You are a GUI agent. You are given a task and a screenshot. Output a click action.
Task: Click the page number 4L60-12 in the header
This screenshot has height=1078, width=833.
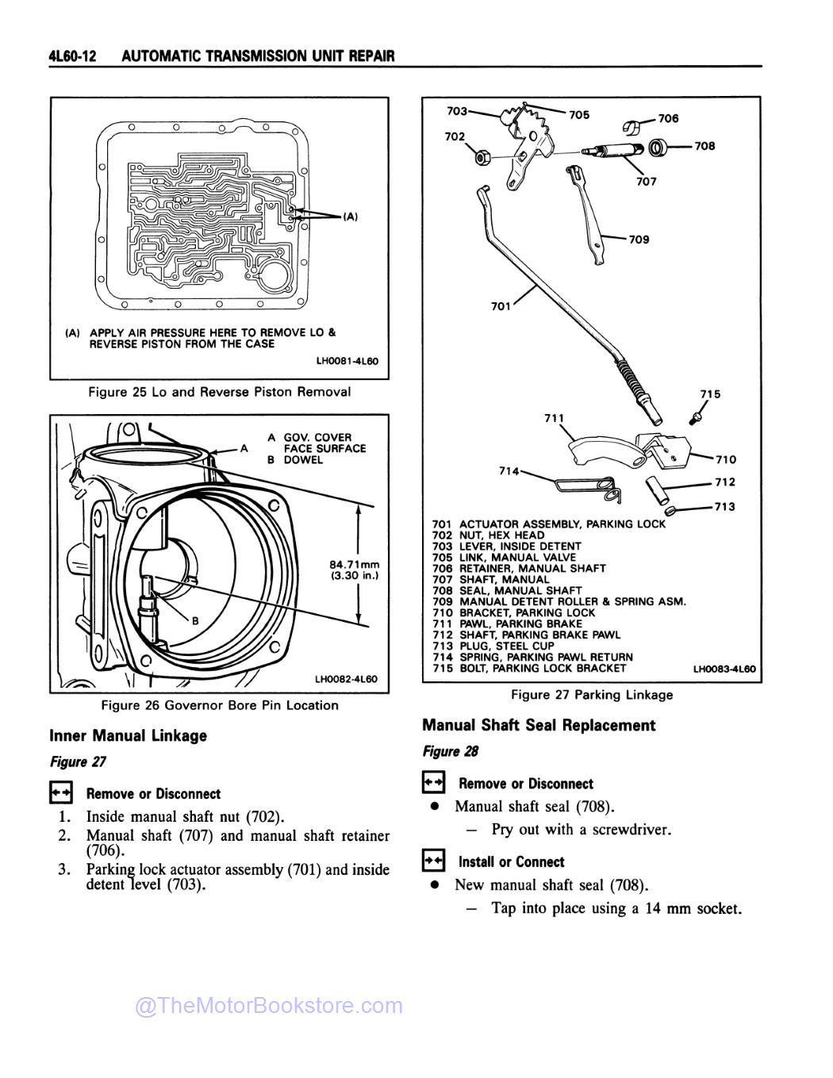coord(72,56)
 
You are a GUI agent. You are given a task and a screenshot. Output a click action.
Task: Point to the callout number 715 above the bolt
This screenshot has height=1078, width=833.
coord(710,393)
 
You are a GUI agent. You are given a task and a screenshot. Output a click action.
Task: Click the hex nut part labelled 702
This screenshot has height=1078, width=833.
coord(481,157)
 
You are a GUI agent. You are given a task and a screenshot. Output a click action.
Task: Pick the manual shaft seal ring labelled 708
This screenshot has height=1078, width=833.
coord(658,148)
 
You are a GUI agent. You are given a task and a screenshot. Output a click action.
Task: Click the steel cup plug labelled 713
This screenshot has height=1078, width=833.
coord(671,509)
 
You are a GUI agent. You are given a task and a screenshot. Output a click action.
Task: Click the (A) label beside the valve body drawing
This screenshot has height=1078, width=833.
coord(350,216)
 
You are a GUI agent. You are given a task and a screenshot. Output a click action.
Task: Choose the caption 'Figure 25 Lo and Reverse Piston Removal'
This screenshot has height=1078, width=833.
coord(219,392)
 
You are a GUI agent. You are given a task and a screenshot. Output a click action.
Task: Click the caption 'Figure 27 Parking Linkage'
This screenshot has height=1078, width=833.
coord(591,695)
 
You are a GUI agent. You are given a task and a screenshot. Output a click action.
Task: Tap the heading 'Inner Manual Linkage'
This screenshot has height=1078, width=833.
coord(128,735)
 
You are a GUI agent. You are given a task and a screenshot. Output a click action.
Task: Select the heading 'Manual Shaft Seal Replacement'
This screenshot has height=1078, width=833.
coord(539,725)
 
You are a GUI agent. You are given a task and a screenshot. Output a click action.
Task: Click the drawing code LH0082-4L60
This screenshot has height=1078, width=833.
coord(346,679)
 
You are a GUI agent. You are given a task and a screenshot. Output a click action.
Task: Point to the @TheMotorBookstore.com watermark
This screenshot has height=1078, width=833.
coord(269,1006)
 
